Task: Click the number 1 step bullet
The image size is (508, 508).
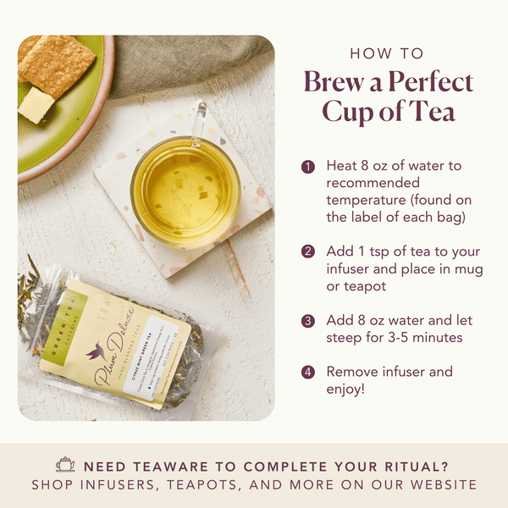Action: (x=309, y=166)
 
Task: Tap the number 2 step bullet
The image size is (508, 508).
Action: (x=309, y=251)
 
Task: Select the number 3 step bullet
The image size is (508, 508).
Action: (x=309, y=321)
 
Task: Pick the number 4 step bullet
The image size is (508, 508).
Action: (x=309, y=372)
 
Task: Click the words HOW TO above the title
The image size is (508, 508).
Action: (x=387, y=53)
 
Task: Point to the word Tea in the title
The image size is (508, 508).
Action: (x=433, y=112)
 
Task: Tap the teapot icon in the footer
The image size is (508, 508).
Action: (x=65, y=465)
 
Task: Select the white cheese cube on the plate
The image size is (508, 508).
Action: (x=35, y=104)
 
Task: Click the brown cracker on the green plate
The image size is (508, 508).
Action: (x=58, y=62)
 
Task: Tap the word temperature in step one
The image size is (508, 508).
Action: (x=366, y=200)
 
